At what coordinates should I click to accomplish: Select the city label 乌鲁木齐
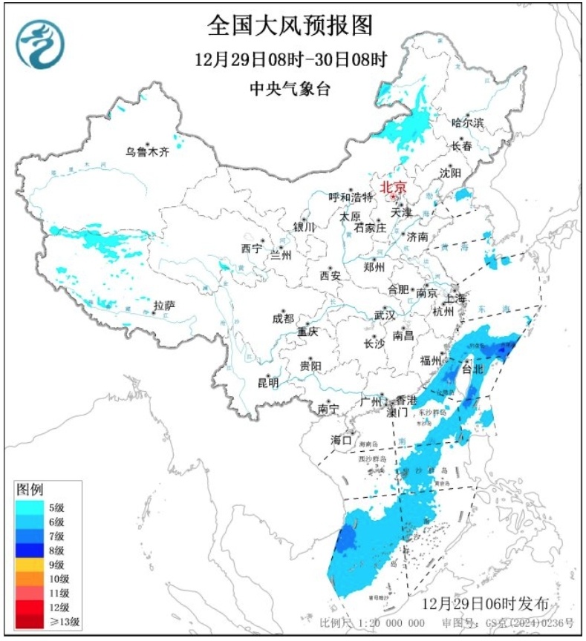click(147, 152)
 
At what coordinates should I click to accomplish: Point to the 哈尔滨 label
click(468, 122)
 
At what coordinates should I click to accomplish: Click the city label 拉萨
click(163, 305)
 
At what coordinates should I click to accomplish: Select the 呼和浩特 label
click(351, 197)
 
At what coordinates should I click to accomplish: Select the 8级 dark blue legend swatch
click(32, 550)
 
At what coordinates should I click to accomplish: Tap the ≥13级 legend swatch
click(32, 621)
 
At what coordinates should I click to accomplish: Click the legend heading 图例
click(30, 490)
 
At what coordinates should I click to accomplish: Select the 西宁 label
click(252, 249)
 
